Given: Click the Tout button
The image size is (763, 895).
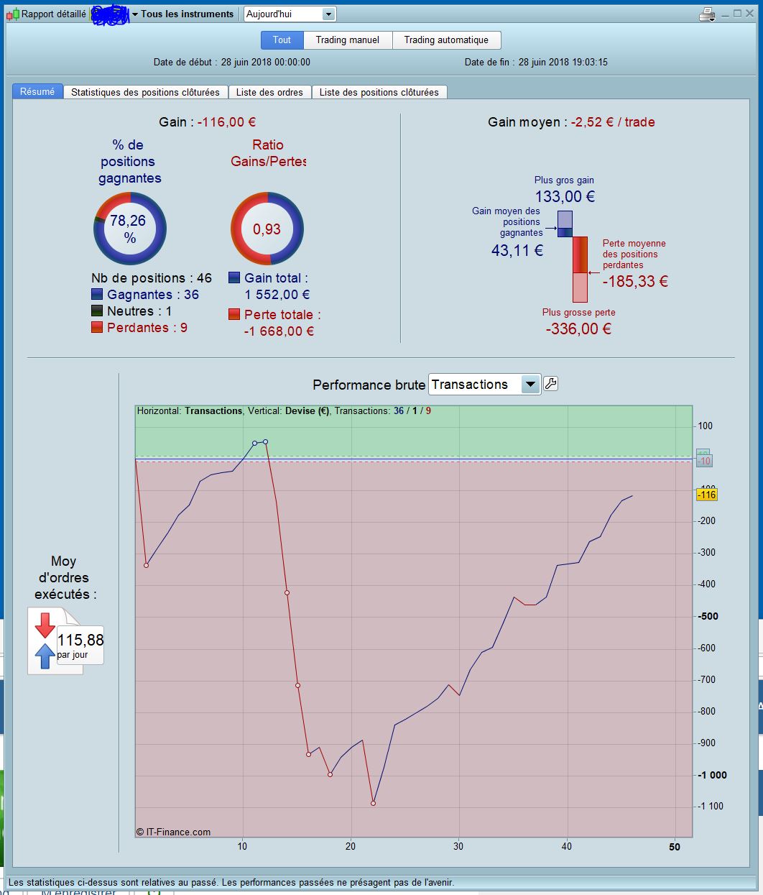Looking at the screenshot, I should (282, 40).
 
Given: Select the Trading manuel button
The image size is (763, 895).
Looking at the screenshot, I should (348, 40).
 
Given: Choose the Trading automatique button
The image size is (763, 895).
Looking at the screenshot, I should (446, 40).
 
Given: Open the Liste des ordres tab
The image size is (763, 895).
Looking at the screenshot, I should (270, 92).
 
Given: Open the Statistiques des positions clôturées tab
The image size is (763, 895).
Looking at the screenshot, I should (145, 92).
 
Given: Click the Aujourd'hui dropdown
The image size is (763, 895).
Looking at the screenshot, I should (290, 14).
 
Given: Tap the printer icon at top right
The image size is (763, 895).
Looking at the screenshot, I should (707, 14).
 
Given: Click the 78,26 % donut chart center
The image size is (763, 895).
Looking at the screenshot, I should (130, 229).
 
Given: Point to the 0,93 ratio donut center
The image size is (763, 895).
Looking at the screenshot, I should (267, 229).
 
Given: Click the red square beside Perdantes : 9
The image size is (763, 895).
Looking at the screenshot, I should (97, 328).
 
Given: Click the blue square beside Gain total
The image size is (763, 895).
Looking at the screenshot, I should (234, 278).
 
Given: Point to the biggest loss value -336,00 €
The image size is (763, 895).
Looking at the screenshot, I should (578, 329).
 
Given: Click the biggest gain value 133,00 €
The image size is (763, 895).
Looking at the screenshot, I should (565, 196).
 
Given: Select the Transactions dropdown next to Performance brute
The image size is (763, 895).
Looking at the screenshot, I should (484, 385).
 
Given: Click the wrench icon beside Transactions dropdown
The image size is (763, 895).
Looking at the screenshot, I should (550, 384).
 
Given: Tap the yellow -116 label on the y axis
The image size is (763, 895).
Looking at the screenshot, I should (707, 495).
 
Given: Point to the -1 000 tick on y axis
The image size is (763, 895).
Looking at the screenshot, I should (712, 775).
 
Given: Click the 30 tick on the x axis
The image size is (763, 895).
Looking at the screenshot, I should (458, 846).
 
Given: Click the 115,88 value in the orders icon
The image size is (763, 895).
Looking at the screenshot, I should (80, 640).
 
